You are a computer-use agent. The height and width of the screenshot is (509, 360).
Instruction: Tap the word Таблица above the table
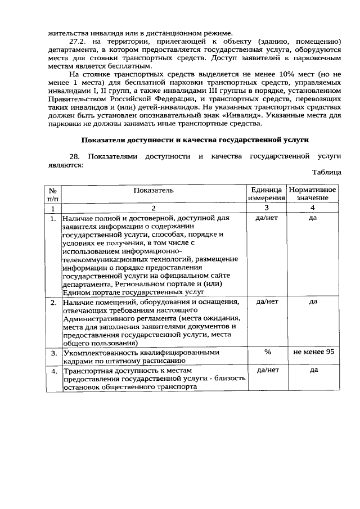click(326, 173)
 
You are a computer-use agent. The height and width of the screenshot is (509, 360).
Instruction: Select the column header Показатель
click(154, 190)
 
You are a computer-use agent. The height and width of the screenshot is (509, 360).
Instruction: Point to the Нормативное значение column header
click(313, 194)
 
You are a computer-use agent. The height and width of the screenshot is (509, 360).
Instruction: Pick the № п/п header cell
click(52, 194)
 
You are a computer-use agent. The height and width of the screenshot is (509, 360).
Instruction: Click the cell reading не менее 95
click(313, 352)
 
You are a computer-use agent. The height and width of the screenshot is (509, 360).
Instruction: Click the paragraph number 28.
click(75, 156)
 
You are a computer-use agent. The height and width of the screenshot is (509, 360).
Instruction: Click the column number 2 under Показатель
click(154, 208)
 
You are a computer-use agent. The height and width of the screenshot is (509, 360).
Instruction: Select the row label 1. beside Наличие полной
click(53, 218)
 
